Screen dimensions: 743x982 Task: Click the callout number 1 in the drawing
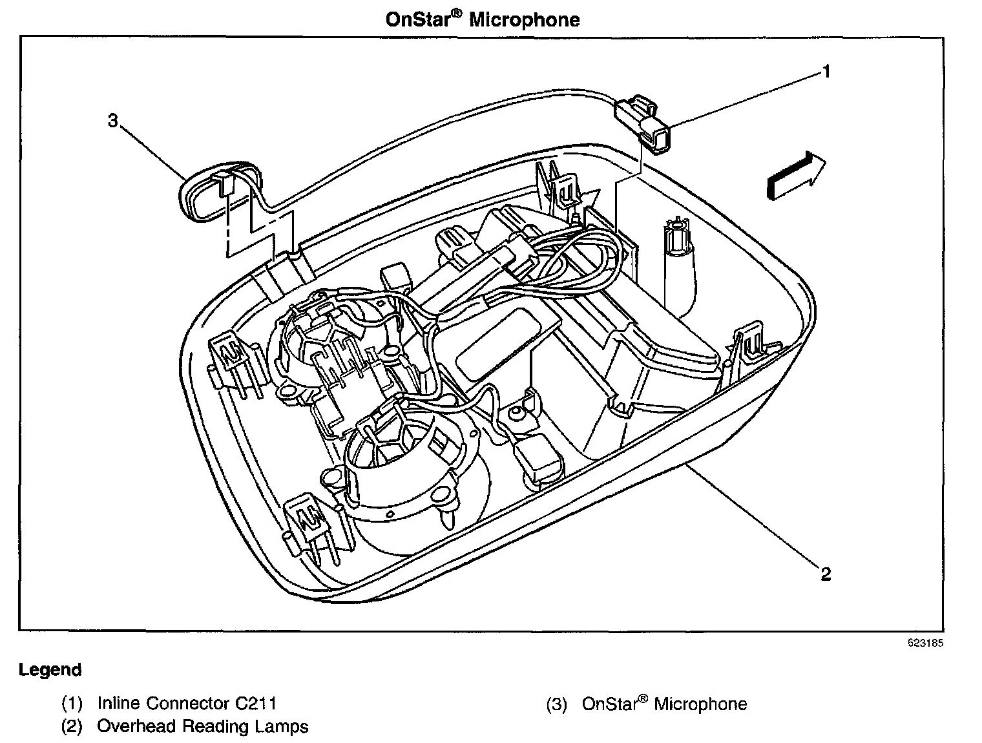(x=826, y=71)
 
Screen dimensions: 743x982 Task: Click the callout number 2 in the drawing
(x=826, y=573)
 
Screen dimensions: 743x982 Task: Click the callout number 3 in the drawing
(x=113, y=120)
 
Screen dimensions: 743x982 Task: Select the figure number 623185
(x=926, y=644)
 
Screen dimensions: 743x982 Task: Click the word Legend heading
(x=50, y=670)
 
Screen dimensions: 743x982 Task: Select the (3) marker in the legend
(x=556, y=704)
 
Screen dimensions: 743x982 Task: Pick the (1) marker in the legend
(x=72, y=703)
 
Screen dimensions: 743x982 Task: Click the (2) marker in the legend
(x=72, y=726)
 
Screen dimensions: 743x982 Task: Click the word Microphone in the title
(x=524, y=19)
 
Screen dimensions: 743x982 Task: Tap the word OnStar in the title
(x=417, y=19)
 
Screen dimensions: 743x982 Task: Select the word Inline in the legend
(x=119, y=703)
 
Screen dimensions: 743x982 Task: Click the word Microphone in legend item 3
(x=700, y=704)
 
